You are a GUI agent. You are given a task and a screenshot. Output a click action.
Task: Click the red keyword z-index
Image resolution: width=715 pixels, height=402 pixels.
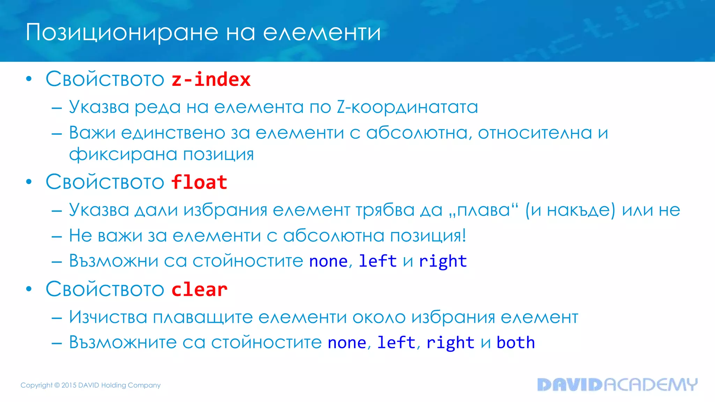(211, 80)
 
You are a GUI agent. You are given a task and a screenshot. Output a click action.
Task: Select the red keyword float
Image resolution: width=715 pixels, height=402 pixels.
(199, 183)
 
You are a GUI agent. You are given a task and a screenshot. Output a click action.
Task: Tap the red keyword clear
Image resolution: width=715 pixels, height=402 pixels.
(199, 290)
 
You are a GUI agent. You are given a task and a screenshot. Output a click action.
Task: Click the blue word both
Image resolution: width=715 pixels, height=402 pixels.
(516, 342)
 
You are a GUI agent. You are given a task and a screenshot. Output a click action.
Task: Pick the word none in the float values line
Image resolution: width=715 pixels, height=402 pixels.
(328, 261)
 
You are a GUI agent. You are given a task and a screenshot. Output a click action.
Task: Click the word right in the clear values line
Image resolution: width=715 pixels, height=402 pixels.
(450, 343)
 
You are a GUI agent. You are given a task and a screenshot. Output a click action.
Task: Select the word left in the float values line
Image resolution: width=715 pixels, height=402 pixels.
(377, 261)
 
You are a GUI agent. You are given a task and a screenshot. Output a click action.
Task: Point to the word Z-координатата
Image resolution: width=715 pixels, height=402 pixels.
(407, 107)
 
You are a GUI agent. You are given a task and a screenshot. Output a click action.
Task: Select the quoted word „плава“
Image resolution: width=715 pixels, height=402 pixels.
(484, 210)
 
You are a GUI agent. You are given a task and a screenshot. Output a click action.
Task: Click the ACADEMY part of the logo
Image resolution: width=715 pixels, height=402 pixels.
(650, 385)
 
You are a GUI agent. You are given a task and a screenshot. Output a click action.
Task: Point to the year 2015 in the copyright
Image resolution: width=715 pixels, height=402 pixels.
(69, 385)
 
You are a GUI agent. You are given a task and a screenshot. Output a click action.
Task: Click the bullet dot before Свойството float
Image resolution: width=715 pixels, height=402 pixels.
(29, 182)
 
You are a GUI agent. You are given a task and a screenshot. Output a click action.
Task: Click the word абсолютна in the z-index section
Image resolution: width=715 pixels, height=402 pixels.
(418, 133)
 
